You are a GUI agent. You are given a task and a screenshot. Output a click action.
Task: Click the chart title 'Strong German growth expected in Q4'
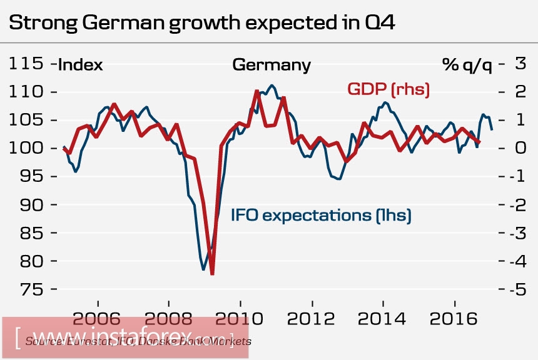pyautogui.click(x=203, y=24)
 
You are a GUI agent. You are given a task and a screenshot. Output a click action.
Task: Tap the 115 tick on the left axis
pyautogui.click(x=26, y=64)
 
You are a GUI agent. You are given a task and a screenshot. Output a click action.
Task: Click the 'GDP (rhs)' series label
pyautogui.click(x=388, y=89)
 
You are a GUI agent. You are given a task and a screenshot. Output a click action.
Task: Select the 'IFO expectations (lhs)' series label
pyautogui.click(x=321, y=216)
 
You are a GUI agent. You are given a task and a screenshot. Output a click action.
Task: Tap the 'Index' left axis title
pyautogui.click(x=81, y=65)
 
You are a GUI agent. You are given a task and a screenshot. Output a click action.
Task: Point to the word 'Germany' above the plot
pyautogui.click(x=271, y=65)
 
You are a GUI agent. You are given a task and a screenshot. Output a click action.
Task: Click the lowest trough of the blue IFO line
pyautogui.click(x=204, y=269)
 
